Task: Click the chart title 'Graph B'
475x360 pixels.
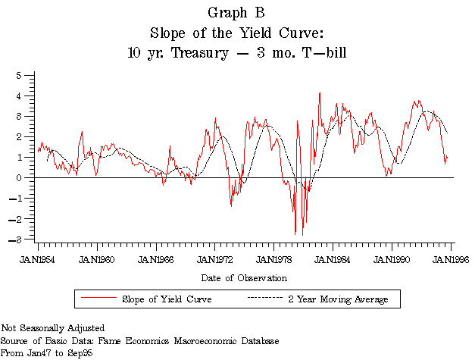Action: click(237, 14)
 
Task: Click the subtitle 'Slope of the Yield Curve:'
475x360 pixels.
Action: click(237, 33)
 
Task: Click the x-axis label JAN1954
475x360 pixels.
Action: click(38, 259)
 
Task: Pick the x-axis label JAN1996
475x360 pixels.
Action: click(451, 259)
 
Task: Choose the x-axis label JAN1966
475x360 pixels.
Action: click(156, 259)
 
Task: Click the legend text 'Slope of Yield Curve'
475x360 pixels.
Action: click(166, 299)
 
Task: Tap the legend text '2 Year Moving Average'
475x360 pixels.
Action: click(338, 299)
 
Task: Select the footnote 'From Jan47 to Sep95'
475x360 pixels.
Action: click(41, 352)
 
